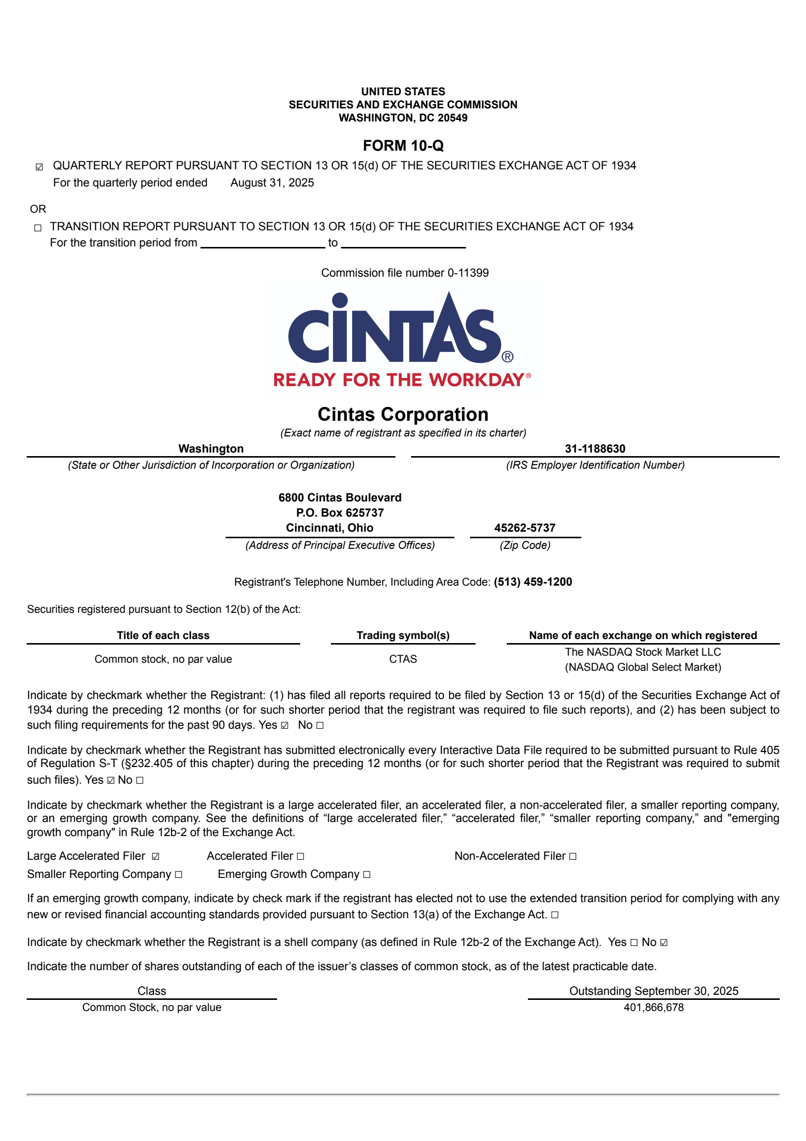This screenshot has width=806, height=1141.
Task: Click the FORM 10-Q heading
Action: (403, 146)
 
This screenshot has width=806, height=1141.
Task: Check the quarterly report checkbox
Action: (39, 167)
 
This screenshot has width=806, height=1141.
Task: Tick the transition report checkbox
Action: (38, 228)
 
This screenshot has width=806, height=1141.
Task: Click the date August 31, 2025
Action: (272, 182)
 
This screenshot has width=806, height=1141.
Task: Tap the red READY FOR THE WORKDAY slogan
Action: (399, 379)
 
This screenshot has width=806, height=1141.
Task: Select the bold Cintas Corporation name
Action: (403, 414)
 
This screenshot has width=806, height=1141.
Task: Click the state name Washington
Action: (211, 449)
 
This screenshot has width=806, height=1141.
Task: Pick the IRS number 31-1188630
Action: (595, 449)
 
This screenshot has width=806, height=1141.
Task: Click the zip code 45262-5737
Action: (525, 528)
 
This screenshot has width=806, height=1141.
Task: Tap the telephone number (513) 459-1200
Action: (532, 582)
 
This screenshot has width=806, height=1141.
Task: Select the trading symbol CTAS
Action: (403, 659)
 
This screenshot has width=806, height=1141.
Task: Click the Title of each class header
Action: (163, 635)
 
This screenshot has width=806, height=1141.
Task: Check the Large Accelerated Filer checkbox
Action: (156, 856)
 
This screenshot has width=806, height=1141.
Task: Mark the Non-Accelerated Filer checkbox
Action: (573, 856)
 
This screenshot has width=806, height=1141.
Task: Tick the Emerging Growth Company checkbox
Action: (367, 874)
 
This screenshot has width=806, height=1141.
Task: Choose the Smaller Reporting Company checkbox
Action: (178, 874)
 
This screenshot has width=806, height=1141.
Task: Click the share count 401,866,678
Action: (653, 1007)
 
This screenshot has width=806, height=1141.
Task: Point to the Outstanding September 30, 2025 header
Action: (653, 990)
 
